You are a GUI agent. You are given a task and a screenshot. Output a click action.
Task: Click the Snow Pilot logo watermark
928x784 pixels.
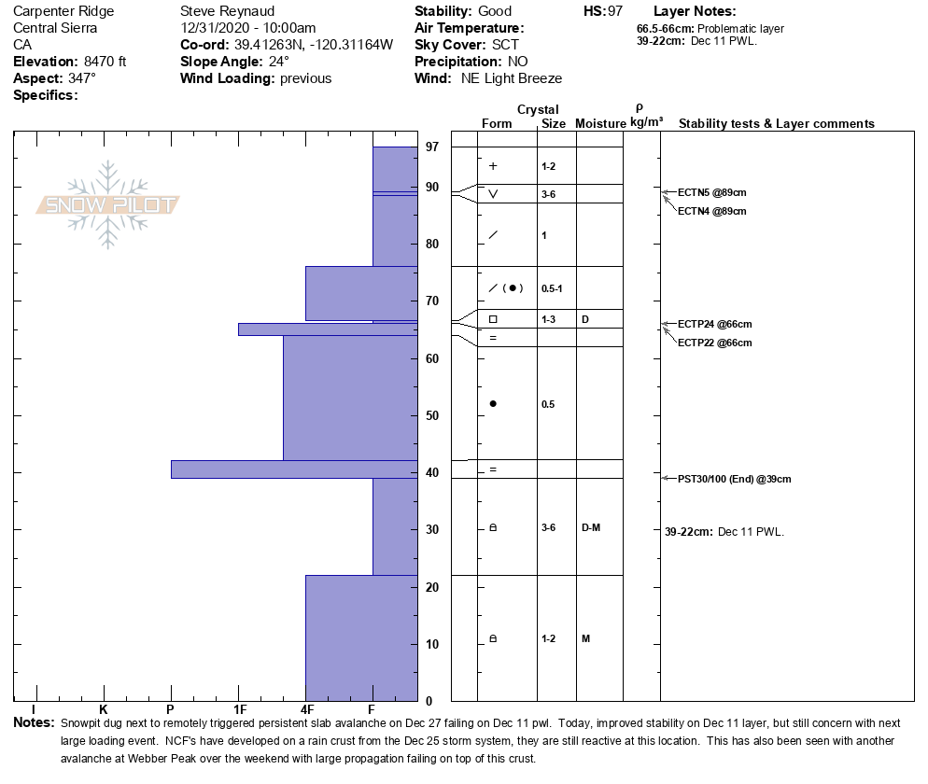108,204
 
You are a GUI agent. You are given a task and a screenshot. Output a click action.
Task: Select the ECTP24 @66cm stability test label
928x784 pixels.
714,324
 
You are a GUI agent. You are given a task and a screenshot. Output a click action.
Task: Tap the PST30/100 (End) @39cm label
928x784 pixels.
735,479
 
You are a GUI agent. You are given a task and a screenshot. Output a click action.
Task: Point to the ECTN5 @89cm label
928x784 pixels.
711,192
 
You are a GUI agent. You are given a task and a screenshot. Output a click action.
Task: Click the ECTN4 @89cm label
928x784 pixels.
711,211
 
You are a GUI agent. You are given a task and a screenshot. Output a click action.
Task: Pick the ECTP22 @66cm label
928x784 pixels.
714,343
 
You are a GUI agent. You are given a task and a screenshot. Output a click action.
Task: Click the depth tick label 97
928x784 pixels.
432,147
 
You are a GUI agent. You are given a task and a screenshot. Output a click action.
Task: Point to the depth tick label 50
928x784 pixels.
432,415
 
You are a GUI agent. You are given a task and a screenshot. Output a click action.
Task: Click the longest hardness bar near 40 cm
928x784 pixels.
293,469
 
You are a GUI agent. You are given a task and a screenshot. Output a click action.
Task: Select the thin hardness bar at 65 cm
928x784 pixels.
327,329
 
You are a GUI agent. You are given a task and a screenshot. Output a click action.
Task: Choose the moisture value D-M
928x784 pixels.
590,527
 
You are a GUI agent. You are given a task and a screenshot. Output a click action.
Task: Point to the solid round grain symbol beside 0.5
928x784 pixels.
493,404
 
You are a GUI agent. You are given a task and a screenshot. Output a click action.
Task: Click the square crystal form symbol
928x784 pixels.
493,319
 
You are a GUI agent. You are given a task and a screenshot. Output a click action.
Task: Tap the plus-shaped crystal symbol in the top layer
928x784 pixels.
493,166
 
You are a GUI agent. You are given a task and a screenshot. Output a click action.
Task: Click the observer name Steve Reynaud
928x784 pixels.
227,11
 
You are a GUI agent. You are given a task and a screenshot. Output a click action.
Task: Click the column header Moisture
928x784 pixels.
600,124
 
